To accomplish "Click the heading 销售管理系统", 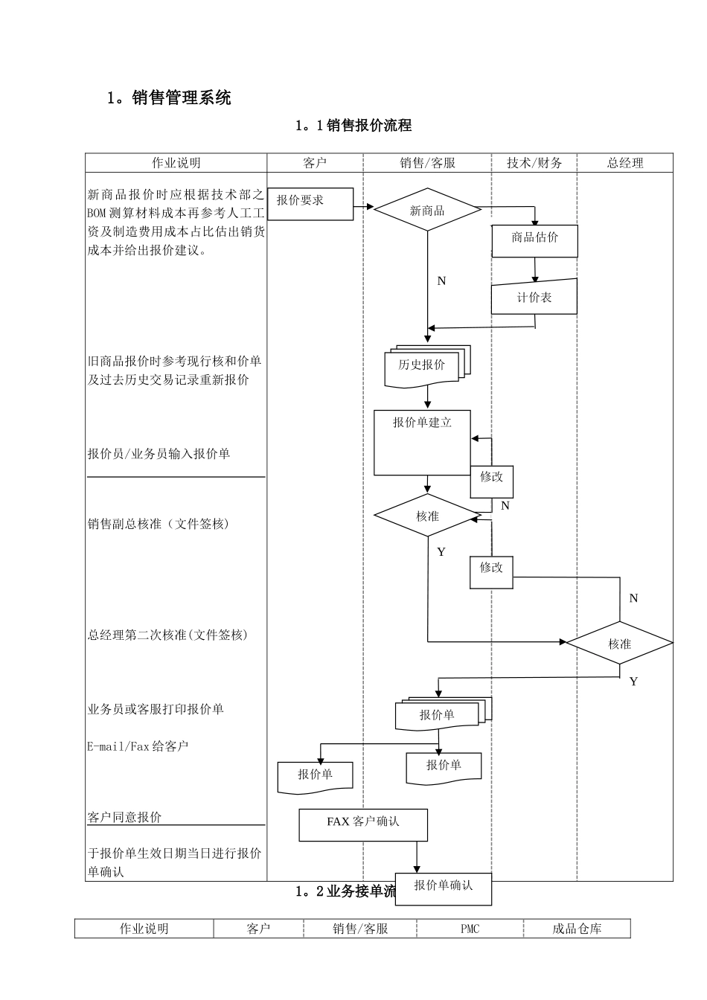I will tap(170, 97).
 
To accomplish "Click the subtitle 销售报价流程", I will tap(353, 126).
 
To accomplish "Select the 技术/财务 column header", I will tap(534, 163).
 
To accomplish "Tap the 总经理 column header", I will tap(625, 163).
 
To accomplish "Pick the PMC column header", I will tap(470, 929).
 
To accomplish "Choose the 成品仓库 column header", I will tap(577, 929).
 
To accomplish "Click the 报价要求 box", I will tap(310, 203).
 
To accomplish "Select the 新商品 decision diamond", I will tap(427, 211).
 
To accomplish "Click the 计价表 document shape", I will tap(534, 297).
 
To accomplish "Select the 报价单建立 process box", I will tap(422, 442).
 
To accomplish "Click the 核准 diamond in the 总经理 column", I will tap(619, 644).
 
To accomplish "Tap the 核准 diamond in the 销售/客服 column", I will tap(427, 516).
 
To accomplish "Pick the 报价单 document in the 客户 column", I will tap(315, 775).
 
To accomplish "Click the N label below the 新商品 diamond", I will tap(441, 281).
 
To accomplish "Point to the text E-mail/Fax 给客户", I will tap(138, 746).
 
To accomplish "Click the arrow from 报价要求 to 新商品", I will tap(363, 206).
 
